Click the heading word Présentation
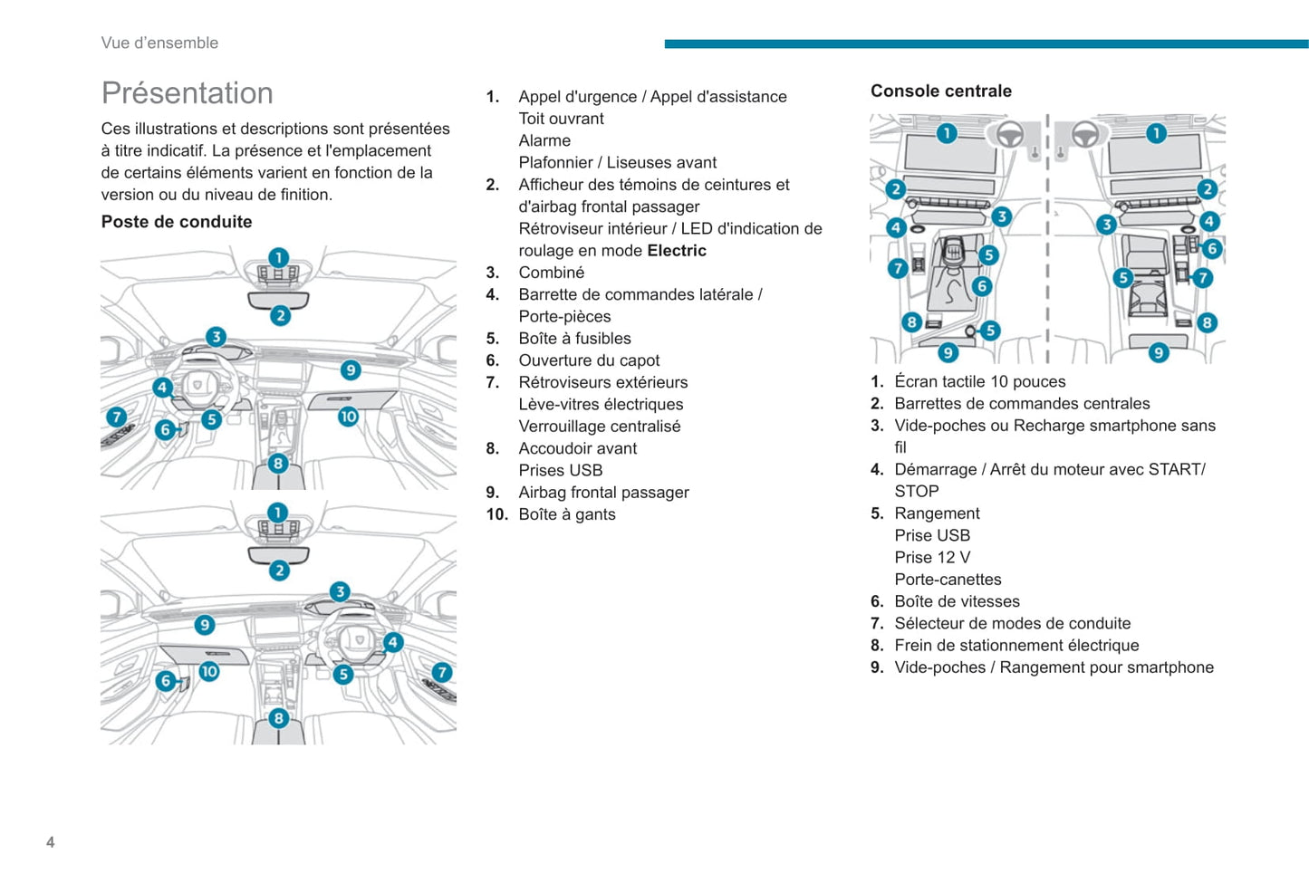point(187,93)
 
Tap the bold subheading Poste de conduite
point(177,222)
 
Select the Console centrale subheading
point(940,91)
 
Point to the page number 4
point(51,842)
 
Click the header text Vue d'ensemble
point(159,43)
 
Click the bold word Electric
point(677,251)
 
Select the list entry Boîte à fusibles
point(574,339)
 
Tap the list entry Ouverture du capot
point(589,360)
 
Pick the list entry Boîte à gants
point(566,514)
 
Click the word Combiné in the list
point(551,273)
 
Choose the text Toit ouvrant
point(561,119)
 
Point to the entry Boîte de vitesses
point(957,601)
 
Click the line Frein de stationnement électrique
point(1016,646)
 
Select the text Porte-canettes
point(948,580)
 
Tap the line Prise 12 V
point(932,558)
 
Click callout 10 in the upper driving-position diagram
point(348,417)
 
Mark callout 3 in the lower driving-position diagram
point(340,591)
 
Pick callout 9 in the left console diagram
point(948,352)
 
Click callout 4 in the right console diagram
point(1208,221)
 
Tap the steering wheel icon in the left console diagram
point(1009,135)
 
